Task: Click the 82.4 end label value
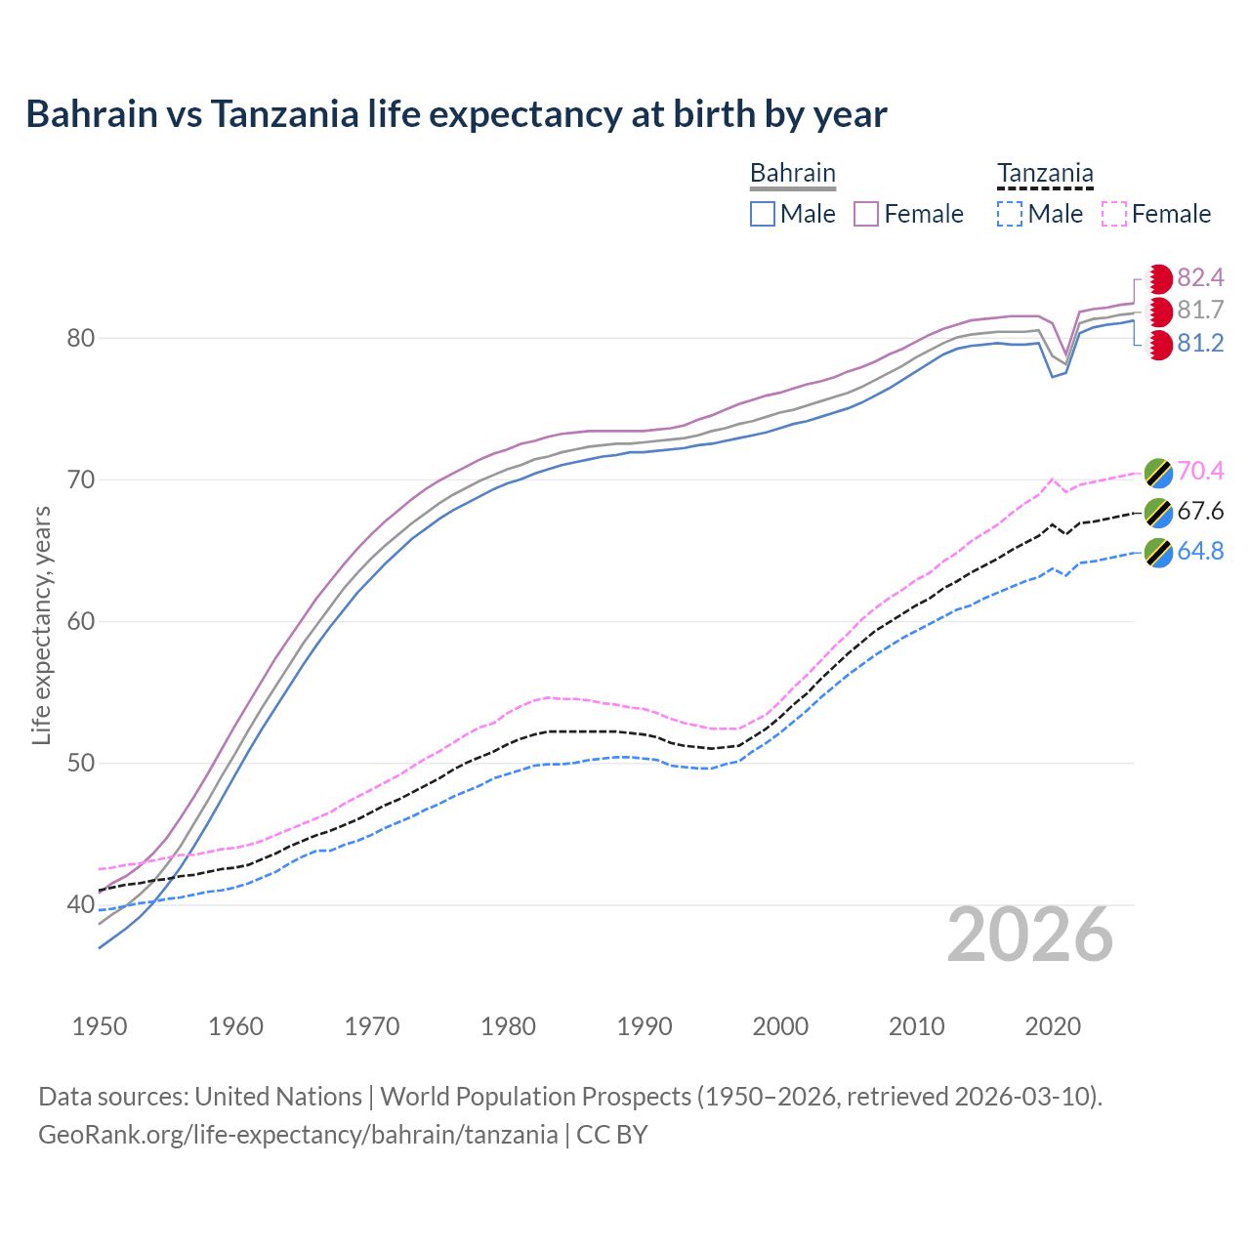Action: tap(1200, 277)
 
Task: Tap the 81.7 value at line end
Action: tap(1200, 311)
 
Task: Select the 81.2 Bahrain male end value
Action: tap(1200, 344)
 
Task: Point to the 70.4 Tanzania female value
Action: tap(1200, 472)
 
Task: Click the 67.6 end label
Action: tap(1200, 512)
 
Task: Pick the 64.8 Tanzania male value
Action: tap(1200, 552)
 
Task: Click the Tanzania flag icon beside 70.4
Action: tap(1158, 472)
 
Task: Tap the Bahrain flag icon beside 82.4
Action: tap(1158, 278)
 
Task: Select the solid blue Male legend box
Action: tap(763, 214)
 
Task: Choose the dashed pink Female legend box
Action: tap(1114, 214)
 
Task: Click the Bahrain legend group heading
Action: tap(792, 174)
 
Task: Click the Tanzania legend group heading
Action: tap(1045, 174)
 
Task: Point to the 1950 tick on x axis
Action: tap(101, 1026)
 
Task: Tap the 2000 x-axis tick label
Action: tap(780, 1026)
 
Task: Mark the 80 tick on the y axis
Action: tap(81, 339)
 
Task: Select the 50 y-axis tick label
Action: tap(81, 764)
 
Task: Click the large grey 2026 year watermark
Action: tap(1030, 936)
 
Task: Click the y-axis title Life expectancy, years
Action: tap(42, 625)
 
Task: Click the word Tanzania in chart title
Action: tap(284, 114)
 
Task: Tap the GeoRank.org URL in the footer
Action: tap(298, 1135)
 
